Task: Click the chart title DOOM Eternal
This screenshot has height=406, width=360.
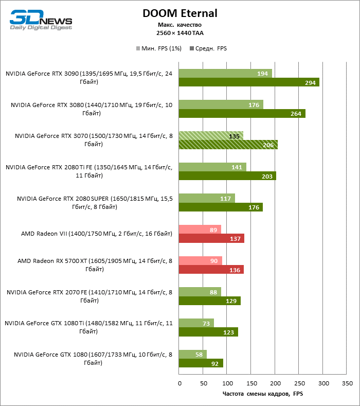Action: coord(180,13)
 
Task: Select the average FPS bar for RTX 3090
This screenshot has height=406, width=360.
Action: coord(249,82)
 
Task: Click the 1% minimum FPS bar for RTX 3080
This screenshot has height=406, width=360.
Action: coord(221,104)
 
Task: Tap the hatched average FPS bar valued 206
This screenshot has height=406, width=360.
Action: coord(228,145)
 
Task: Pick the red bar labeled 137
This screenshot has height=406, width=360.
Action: coord(211,238)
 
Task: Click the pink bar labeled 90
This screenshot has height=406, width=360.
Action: coord(201,261)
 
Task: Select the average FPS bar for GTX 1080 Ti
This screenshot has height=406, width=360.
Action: coord(208,332)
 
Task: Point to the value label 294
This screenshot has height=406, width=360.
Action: coord(310,82)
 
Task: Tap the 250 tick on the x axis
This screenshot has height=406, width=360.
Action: coord(299,383)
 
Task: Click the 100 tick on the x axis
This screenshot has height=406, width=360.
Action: coord(227,383)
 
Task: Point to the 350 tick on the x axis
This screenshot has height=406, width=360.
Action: coord(347,383)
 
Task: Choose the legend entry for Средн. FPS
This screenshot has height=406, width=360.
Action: coord(208,48)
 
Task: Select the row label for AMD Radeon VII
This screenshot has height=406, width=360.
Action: coord(96,234)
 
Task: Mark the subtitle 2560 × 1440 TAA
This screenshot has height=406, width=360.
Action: coord(180,32)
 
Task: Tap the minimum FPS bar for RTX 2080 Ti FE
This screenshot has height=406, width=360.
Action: coord(212,167)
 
